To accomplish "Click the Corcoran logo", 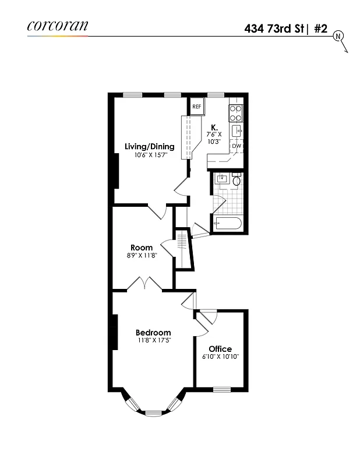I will pos(57,26).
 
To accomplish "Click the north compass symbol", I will pos(338,37).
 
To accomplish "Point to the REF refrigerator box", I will pos(197,107).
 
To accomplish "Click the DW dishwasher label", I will pos(237,146).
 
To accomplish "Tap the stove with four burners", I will pos(237,112).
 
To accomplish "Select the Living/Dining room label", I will pos(150,147).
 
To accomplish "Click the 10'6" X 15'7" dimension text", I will pos(150,156).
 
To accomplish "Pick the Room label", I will pos(142,248).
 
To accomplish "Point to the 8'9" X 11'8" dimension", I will pos(142,256).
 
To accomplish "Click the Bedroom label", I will pos(154,333).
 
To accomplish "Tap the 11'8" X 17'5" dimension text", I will pos(154,341).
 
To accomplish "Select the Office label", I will pos(220,349).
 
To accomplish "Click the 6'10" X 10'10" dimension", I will pos(221,356).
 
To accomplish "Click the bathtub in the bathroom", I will pos(228,223).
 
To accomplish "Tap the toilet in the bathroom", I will pos(236,181).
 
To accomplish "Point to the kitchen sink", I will pos(237,130).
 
